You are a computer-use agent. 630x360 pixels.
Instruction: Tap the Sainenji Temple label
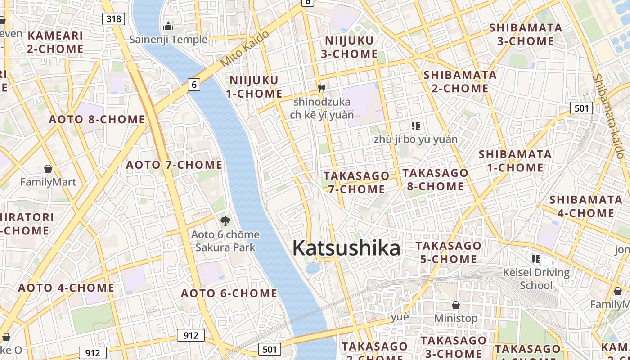coord(168,40)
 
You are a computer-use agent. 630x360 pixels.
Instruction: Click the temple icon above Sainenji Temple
coord(168,27)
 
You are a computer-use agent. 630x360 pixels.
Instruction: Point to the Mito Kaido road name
coord(245,49)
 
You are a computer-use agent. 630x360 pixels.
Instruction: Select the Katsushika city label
coord(346,248)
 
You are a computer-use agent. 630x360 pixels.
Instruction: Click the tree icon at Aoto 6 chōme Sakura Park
coord(225,221)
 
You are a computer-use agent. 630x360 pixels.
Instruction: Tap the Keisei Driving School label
coord(536,279)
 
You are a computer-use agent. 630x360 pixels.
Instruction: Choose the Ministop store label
coord(455,318)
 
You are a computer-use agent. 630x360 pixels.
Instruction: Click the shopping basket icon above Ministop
coord(455,305)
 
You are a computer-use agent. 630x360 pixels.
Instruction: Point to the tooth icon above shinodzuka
coord(321,88)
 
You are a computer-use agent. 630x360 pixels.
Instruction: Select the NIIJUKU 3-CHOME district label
coord(351,47)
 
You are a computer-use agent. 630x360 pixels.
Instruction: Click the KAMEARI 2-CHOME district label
coord(55,42)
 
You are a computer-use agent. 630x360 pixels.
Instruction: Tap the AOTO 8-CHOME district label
coord(97,119)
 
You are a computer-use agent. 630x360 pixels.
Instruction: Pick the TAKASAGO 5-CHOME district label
coord(448,252)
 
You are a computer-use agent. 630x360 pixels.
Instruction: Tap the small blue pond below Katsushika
coord(313,269)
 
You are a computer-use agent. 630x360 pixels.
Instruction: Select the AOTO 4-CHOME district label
coord(66,288)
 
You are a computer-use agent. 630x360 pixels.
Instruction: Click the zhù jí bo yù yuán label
coord(415,139)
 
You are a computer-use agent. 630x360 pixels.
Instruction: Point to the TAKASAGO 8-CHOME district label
coord(435,180)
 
